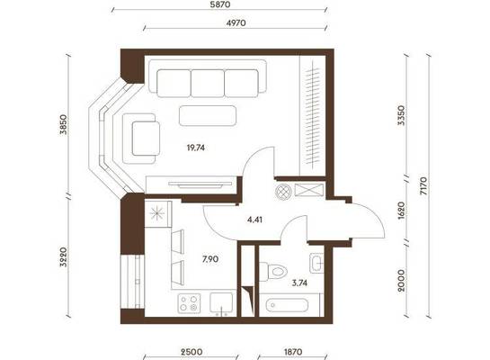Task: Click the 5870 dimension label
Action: pyautogui.click(x=220, y=4)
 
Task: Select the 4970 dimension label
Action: pyautogui.click(x=236, y=22)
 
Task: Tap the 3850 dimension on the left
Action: pyautogui.click(x=64, y=124)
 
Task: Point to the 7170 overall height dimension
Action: pyautogui.click(x=423, y=186)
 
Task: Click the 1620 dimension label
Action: pyautogui.click(x=402, y=211)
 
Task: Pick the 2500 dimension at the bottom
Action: pyautogui.click(x=192, y=352)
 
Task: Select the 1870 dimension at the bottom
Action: pyautogui.click(x=293, y=352)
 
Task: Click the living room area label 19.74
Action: pyautogui.click(x=196, y=148)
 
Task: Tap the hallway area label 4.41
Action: pyautogui.click(x=254, y=220)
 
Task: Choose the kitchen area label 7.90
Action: pyautogui.click(x=210, y=259)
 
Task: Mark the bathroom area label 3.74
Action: pyautogui.click(x=299, y=283)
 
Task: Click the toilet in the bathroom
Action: pyautogui.click(x=273, y=271)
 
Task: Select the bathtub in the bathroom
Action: pyautogui.click(x=288, y=305)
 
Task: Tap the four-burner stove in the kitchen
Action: pyautogui.click(x=189, y=303)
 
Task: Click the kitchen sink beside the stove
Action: pyautogui.click(x=221, y=302)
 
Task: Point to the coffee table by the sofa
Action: pyautogui.click(x=208, y=116)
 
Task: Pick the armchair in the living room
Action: pyautogui.click(x=141, y=139)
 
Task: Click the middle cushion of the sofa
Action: pyautogui.click(x=208, y=83)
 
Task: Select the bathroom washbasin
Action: pyautogui.click(x=316, y=263)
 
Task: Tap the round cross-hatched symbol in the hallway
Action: pyautogui.click(x=283, y=192)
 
